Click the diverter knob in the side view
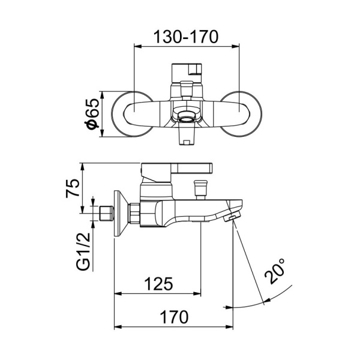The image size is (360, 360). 200,186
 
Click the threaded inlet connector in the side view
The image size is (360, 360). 107,214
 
